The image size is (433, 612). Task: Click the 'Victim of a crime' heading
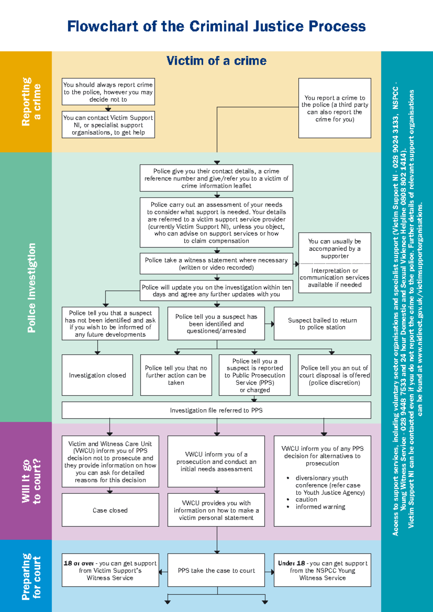216,61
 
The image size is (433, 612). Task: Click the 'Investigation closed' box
97,375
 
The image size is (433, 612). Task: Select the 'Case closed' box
110,510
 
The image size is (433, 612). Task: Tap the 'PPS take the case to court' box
216,571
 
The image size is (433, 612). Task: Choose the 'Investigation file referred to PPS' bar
216,410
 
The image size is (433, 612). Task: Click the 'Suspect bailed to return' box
322,324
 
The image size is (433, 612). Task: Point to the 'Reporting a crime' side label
31,102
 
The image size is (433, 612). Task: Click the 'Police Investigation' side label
32,288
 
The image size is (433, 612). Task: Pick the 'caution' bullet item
306,499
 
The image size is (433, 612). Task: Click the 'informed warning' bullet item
320,507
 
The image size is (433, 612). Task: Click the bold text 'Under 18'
291,563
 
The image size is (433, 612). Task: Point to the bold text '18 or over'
79,563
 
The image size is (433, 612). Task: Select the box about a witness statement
216,264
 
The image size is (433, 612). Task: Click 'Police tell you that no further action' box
176,375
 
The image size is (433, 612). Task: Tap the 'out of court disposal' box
334,375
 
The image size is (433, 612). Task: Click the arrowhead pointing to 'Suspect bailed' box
272,324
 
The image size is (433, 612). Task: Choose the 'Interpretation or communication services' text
334,277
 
